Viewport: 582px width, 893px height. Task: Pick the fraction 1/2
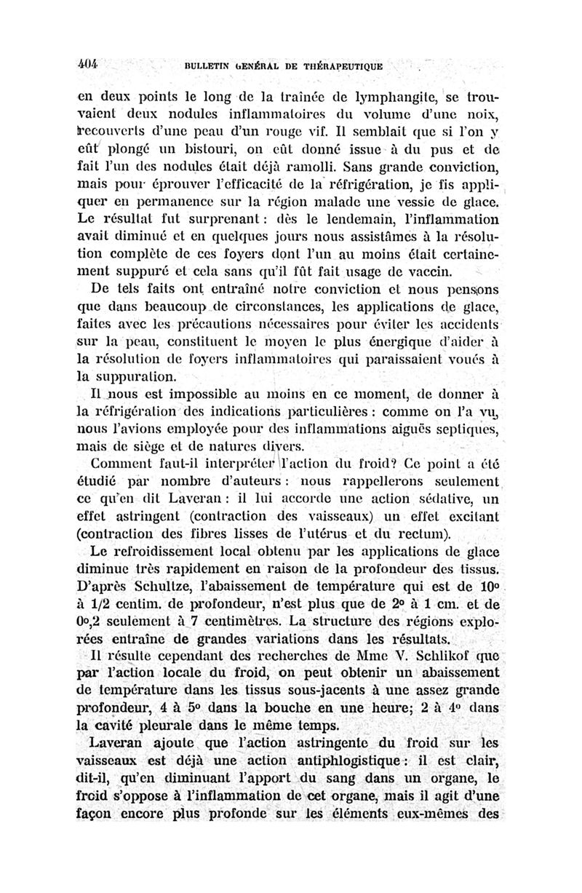[98, 603]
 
